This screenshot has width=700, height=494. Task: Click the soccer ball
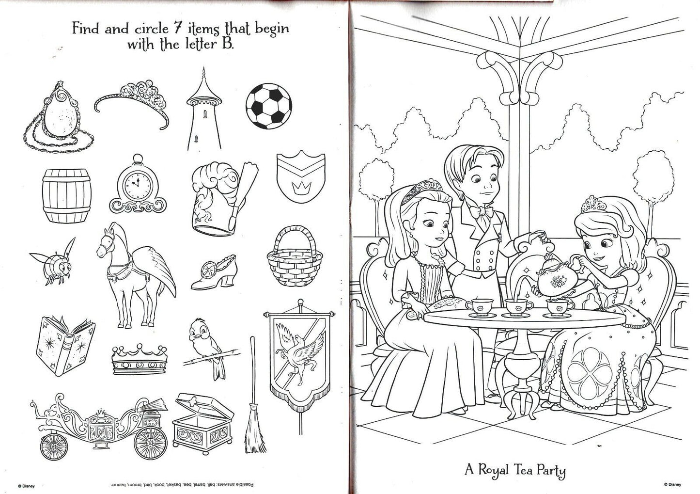(x=269, y=106)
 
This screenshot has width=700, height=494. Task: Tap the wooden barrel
(x=66, y=196)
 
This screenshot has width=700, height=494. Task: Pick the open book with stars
(x=65, y=346)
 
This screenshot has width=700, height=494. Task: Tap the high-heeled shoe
(x=214, y=272)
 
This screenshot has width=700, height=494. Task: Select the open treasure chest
(x=202, y=424)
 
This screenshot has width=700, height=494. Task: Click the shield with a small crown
(x=301, y=176)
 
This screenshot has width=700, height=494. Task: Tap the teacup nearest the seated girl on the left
(x=480, y=306)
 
